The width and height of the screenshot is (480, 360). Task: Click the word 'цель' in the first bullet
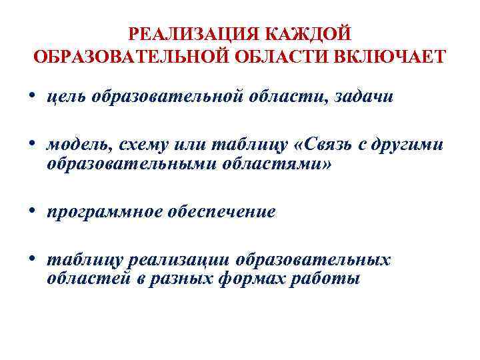69,97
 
